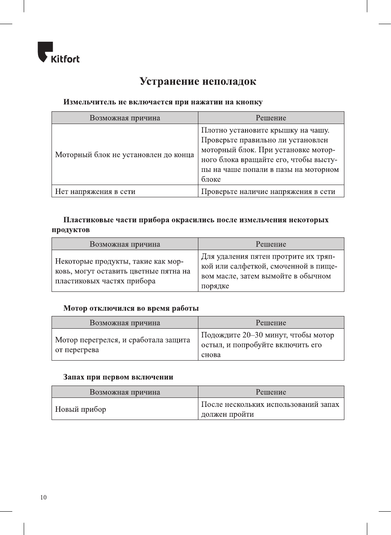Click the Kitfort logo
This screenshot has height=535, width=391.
coord(58,53)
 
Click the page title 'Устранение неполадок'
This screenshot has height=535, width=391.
coord(198,81)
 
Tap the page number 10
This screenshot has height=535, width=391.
coord(43,497)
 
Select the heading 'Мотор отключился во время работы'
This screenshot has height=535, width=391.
coord(131,308)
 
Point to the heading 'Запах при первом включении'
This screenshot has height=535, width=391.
coord(118,377)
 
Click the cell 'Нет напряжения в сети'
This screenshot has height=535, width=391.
coord(95,192)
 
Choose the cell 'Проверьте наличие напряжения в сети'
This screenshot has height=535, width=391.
coord(268,192)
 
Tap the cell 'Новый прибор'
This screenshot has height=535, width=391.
coord(81,409)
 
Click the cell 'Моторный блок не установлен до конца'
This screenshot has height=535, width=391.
coord(124,155)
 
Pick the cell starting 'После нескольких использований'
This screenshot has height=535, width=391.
coord(270,409)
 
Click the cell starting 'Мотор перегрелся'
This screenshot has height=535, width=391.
coord(122,345)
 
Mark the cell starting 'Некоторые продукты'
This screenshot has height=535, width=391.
coord(122,271)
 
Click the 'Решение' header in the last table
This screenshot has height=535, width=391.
coord(271,392)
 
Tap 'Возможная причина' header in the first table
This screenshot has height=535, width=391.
coord(125,118)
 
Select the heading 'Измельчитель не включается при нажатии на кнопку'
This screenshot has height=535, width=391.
coord(163,102)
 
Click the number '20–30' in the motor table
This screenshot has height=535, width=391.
coord(252,335)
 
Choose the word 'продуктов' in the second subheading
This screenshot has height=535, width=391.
coord(71,230)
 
